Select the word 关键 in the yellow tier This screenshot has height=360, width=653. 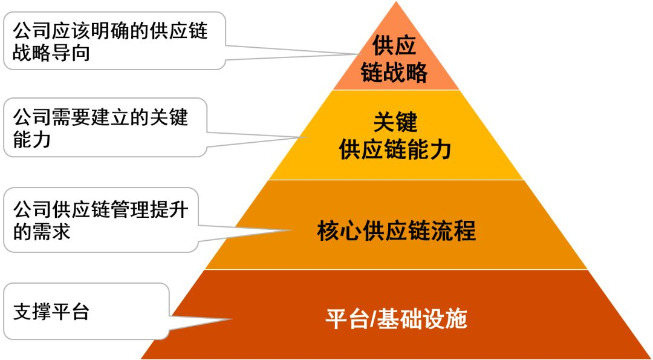coord(395,122)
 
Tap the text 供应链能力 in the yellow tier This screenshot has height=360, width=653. coord(395,149)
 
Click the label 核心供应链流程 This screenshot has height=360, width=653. coord(396,231)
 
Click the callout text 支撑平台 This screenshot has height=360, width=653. coord(51,313)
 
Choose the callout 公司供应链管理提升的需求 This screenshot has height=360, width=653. coord(100,221)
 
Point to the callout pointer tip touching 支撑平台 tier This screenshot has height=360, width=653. coord(232,319)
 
